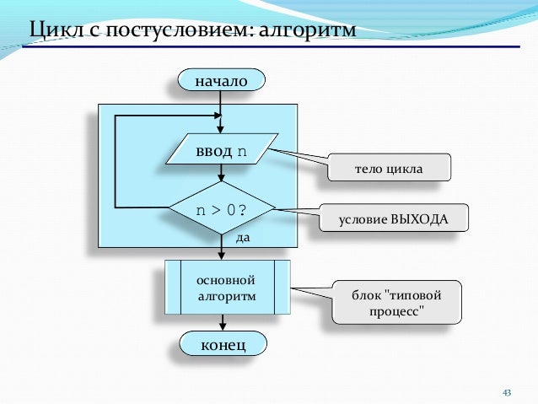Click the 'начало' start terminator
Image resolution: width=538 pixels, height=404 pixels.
pos(221,81)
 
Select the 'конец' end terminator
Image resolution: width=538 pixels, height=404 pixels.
pos(222,344)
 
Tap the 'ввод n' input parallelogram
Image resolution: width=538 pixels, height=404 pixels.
pos(222,153)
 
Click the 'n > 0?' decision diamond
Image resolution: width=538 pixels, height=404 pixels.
pos(222,207)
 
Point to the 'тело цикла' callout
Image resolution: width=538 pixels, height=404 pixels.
pos(388,168)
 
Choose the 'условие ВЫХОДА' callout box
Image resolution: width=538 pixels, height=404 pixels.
pos(394,218)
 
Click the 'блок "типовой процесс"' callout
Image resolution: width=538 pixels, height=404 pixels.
pos(396,302)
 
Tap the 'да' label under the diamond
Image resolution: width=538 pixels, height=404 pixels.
pos(243,238)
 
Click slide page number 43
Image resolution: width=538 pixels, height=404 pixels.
pos(507,392)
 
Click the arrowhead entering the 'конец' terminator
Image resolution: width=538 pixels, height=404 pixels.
pos(223,327)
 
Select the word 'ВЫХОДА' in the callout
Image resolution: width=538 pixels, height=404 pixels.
pos(422,218)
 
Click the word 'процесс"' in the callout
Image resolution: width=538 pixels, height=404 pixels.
pos(396,312)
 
